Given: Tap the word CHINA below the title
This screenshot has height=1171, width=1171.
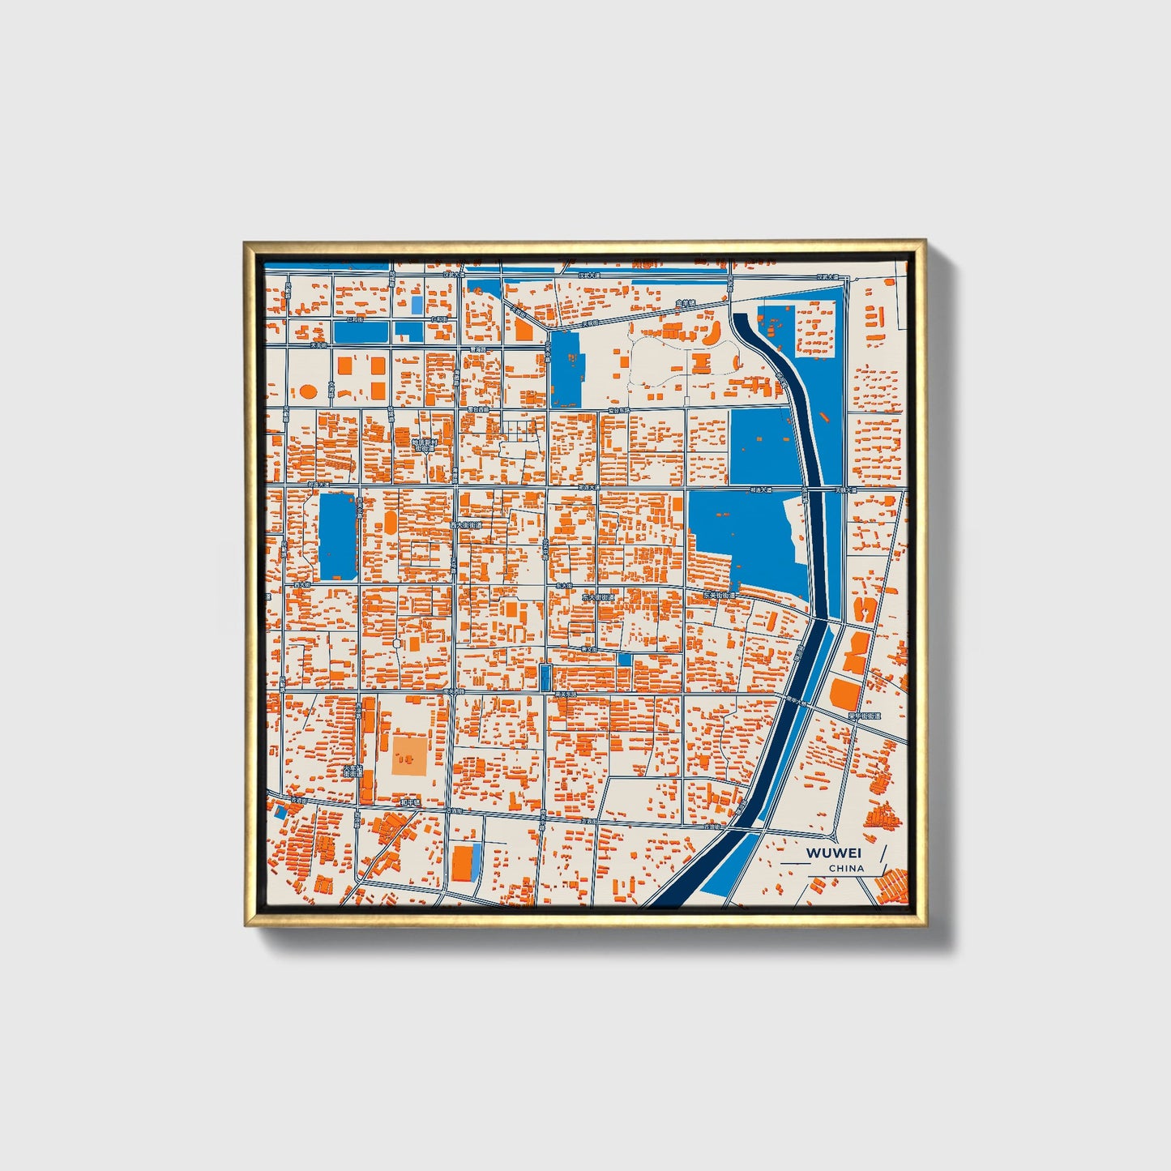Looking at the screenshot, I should pos(846,868).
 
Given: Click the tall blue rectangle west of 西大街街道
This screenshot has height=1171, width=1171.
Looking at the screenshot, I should pos(338,536).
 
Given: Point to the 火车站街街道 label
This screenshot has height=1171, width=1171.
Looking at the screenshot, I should pos(353,771).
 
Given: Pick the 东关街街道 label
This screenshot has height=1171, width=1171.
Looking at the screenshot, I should pos(720,595).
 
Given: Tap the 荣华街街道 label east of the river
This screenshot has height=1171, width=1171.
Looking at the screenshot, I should pos(864,716).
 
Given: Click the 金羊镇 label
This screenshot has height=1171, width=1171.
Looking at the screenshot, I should pos(686,305).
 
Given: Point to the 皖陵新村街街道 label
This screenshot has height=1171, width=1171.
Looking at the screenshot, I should pos(424,444).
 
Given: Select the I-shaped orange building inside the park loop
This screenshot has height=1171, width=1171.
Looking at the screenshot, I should pos(701,362).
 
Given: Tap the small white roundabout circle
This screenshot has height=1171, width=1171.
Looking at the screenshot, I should pos(396,643).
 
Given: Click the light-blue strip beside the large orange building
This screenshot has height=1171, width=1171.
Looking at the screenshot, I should pos(477,859).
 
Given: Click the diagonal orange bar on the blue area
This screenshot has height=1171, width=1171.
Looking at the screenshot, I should pos(823,418).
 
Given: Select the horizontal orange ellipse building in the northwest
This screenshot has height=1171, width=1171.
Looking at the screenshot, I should pos(309,391).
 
